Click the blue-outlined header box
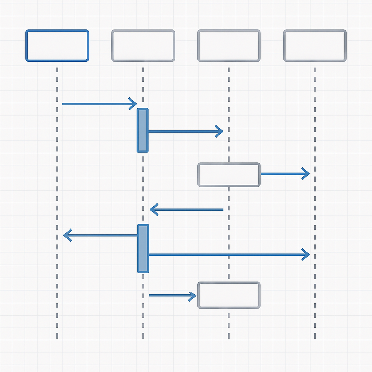point(57,45)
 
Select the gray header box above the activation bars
point(143,45)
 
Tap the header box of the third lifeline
point(229,45)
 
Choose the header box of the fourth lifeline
point(315,45)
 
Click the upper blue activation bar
point(143,130)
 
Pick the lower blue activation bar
point(143,248)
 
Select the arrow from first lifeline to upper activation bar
point(98,104)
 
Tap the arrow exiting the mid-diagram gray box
point(283,174)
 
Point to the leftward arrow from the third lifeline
point(187,210)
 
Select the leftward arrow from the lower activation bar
point(102,235)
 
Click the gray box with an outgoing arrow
point(229,175)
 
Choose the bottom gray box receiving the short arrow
point(229,295)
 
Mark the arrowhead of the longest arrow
point(306,255)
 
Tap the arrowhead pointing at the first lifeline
point(67,235)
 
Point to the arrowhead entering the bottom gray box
point(193,296)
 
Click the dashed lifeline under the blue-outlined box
point(57,182)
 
